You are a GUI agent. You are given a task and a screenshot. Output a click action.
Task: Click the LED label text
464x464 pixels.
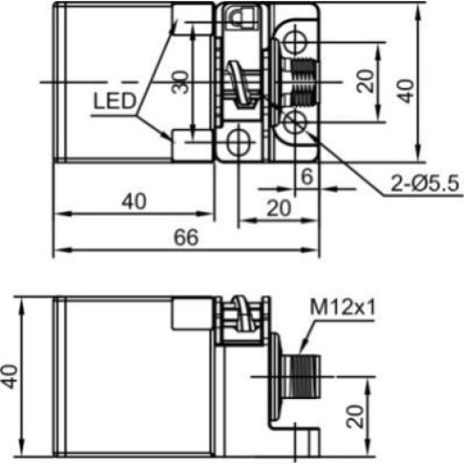(115, 99)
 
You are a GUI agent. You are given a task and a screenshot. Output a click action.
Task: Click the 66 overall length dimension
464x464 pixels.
(186, 238)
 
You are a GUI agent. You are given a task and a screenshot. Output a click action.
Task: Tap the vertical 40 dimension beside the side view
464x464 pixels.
(12, 376)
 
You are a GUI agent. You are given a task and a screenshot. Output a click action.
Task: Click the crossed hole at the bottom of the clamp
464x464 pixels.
(239, 142)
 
